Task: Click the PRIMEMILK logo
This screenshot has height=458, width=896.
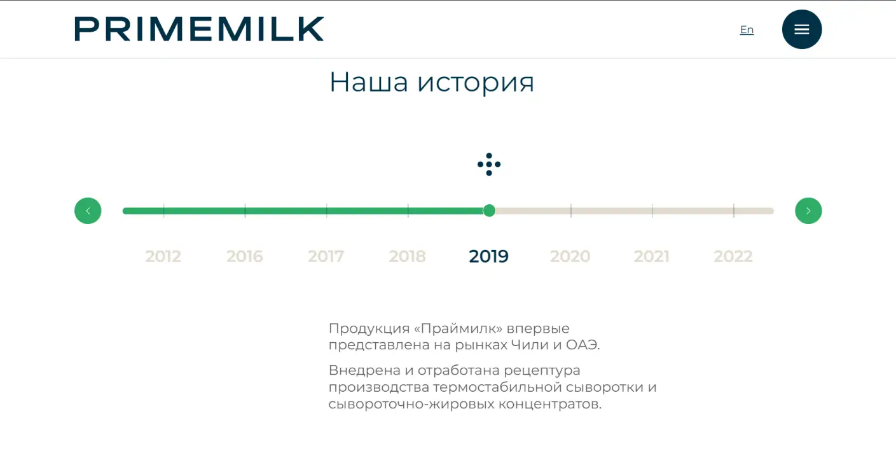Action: tap(199, 29)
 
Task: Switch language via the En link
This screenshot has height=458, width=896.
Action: tap(747, 30)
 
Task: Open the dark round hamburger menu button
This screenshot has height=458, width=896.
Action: tap(802, 29)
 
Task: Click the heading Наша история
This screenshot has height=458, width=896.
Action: tap(432, 83)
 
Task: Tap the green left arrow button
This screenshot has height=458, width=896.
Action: tap(88, 211)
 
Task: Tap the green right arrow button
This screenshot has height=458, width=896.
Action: tap(808, 211)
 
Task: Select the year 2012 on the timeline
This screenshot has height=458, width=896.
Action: tap(163, 256)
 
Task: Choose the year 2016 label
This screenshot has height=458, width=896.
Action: tap(244, 256)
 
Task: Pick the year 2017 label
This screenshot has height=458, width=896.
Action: tap(326, 256)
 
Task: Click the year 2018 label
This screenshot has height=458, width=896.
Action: tap(407, 256)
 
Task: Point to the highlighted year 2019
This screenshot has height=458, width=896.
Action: tap(489, 256)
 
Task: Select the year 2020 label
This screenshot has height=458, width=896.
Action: tap(570, 256)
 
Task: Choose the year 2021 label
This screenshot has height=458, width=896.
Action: tap(652, 256)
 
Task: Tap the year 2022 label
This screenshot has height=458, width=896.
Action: tap(733, 256)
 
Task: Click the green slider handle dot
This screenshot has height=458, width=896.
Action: tap(489, 211)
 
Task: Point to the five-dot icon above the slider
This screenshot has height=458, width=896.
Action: tap(489, 164)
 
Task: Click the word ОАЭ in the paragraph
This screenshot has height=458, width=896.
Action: tap(582, 345)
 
